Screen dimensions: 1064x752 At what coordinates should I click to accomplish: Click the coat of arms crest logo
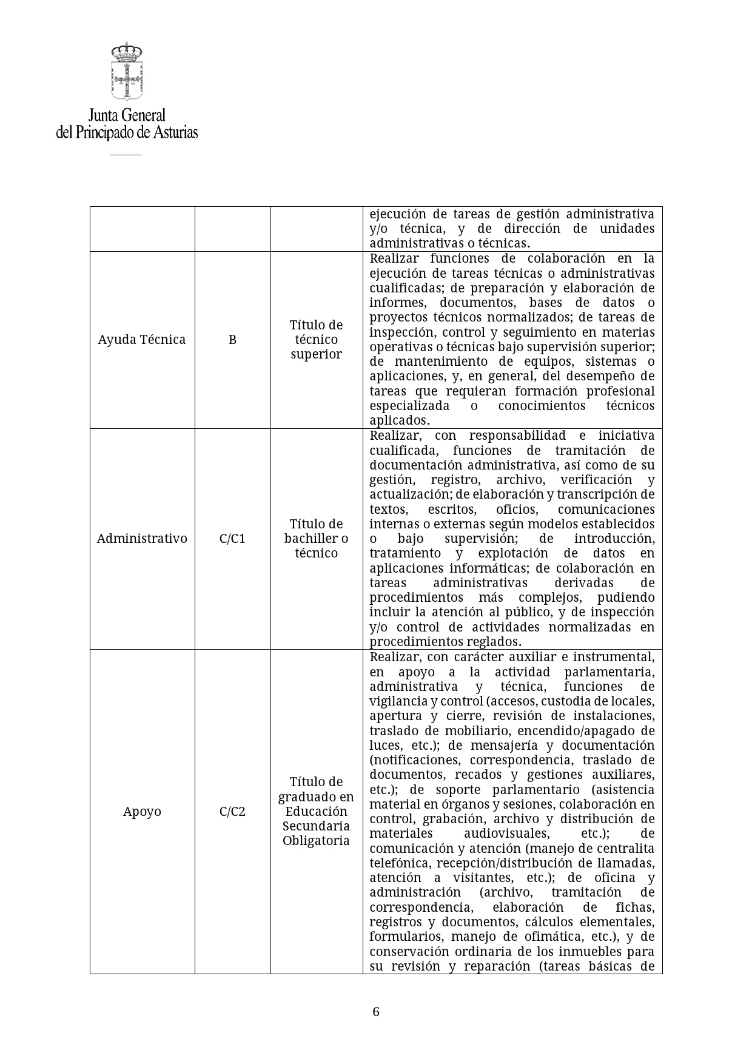coord(127,72)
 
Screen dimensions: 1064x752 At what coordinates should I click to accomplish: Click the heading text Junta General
coord(127,115)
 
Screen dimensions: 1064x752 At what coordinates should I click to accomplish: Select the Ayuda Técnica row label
coord(142,340)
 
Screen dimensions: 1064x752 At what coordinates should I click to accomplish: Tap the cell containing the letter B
coord(232,340)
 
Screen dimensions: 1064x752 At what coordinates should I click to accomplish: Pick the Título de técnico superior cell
coord(316,340)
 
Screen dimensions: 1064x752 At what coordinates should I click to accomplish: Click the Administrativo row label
coord(142,539)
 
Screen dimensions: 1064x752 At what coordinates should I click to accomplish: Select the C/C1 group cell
coord(232,539)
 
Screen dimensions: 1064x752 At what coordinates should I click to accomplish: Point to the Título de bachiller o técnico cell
coord(316,539)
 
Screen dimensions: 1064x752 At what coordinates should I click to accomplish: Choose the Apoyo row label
coord(142,812)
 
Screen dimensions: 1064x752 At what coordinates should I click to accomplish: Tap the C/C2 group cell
coord(232,812)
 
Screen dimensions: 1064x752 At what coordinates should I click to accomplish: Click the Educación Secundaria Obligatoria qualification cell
coord(316,812)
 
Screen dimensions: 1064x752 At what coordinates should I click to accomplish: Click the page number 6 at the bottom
coord(376,1012)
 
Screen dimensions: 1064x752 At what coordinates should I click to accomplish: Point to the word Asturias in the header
coord(175,132)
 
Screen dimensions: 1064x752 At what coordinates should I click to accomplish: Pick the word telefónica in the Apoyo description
coord(397,863)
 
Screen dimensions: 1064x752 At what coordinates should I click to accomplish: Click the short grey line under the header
coord(126,155)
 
